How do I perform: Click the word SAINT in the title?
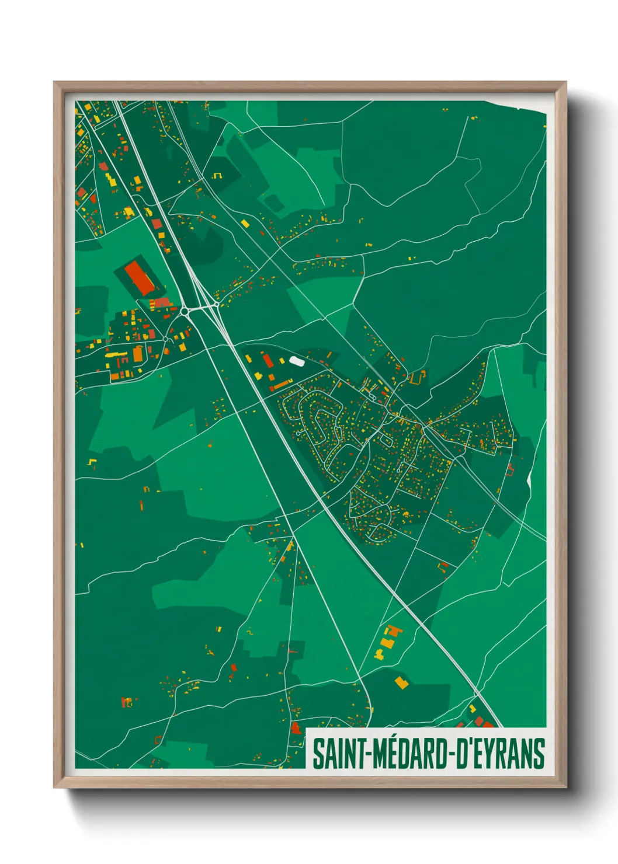[x=338, y=754]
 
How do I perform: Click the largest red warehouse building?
[x=139, y=277]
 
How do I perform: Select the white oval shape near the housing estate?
[x=297, y=361]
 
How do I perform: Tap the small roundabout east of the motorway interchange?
[x=216, y=304]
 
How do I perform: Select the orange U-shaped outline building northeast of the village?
[x=416, y=378]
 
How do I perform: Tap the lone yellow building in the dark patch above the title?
[x=401, y=682]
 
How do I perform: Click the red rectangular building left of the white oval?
[x=268, y=361]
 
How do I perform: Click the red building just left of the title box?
[x=296, y=728]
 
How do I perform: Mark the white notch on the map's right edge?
[x=530, y=479]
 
